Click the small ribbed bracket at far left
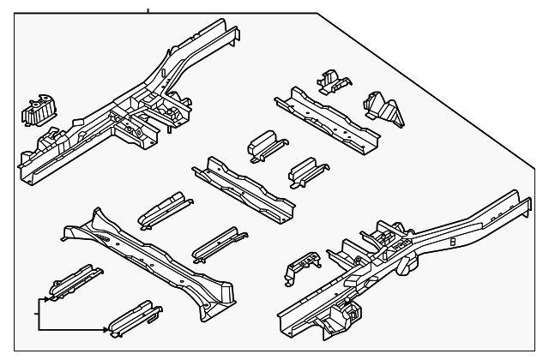pos(37,110)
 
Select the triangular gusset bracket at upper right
pos(383,109)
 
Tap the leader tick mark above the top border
pos(147,9)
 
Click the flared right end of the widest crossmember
pos(221,297)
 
